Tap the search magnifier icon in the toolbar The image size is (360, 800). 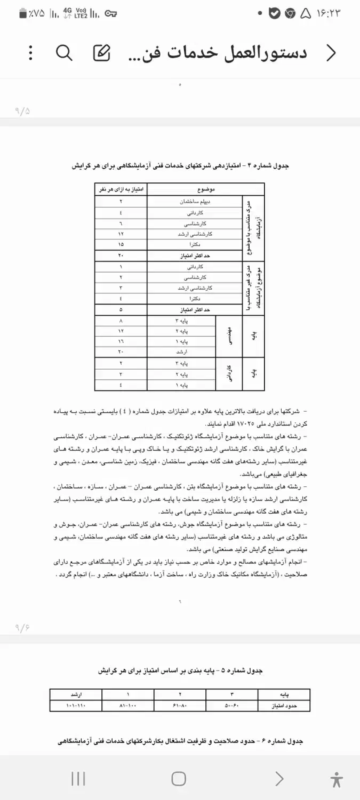point(64,52)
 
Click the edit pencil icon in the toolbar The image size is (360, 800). point(101,52)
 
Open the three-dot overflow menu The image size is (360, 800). point(30,52)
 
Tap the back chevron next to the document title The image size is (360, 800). point(331,52)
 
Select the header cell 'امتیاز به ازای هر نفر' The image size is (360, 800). point(121,189)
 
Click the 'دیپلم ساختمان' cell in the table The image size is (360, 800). point(195,202)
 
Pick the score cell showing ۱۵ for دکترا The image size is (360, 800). point(121,244)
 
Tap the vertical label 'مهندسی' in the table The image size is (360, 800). point(229,337)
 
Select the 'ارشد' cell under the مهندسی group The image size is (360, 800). point(181,353)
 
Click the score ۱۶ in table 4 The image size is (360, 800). point(121,342)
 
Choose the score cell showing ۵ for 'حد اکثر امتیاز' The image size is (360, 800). point(121,309)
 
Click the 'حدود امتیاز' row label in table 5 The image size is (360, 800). point(284,706)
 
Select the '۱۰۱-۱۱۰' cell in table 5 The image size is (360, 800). point(76,706)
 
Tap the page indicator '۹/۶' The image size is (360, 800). point(22,627)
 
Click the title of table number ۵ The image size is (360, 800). point(180,670)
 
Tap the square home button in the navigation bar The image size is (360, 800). point(179,779)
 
